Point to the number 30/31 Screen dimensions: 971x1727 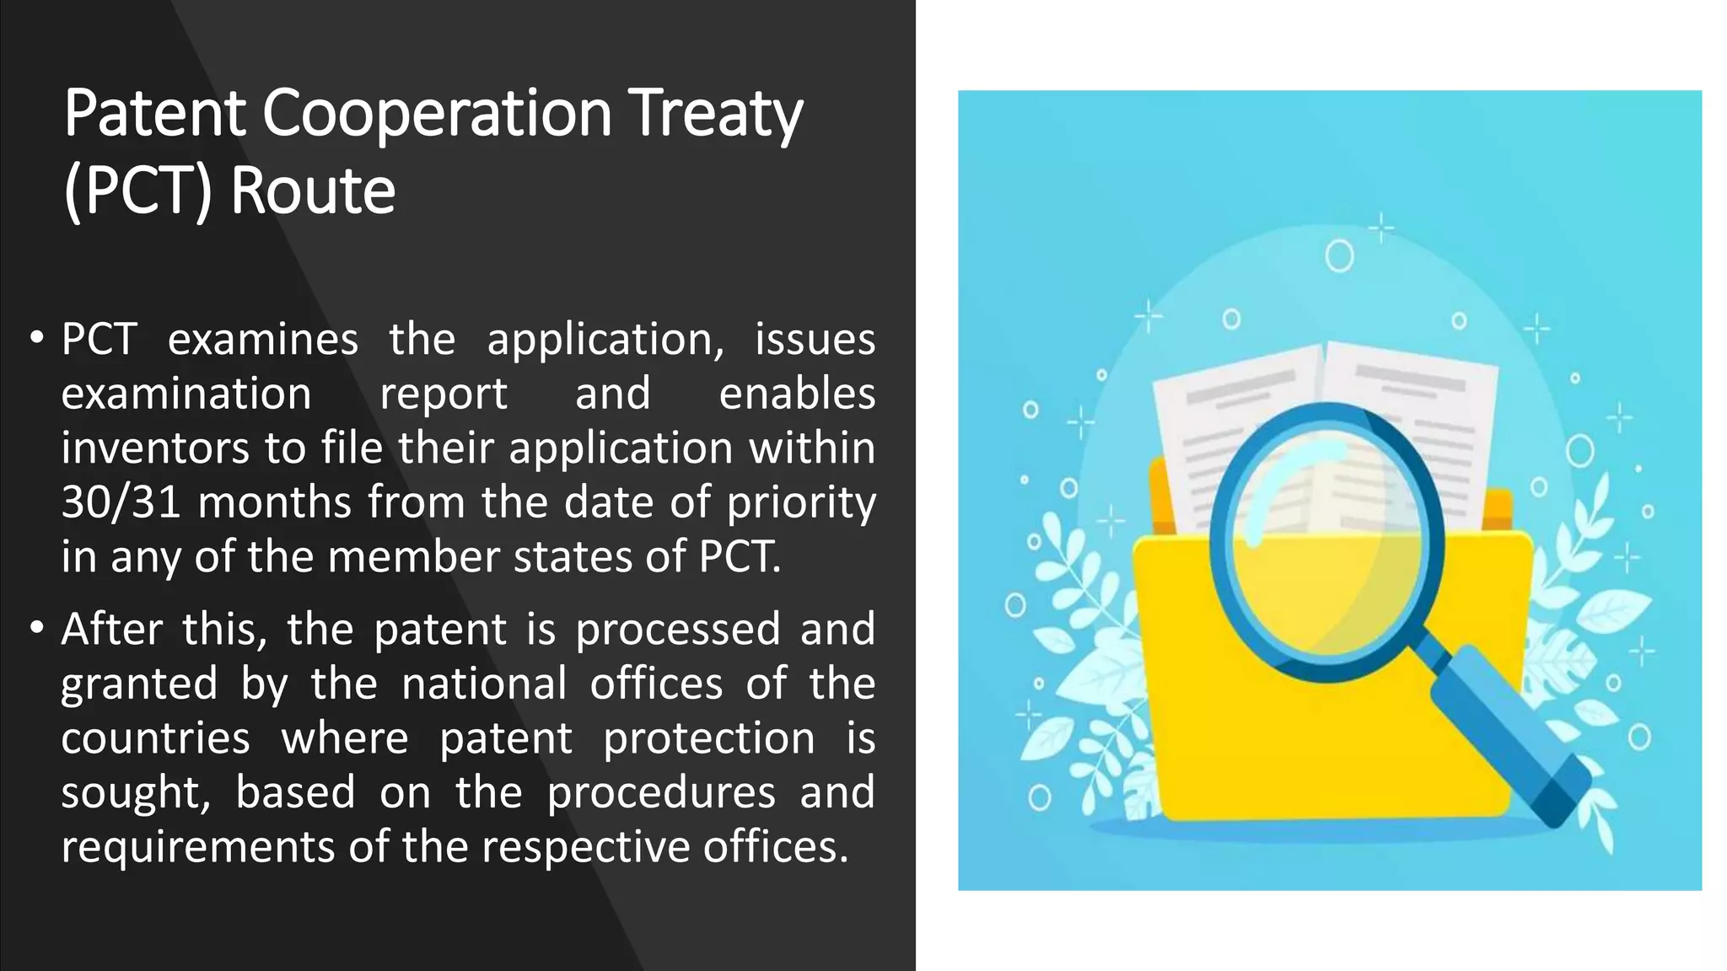point(121,502)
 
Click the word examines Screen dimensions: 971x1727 point(263,341)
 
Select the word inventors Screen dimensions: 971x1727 point(154,448)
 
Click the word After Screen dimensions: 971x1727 point(112,630)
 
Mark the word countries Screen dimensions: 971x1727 point(155,739)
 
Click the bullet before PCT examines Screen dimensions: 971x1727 point(36,339)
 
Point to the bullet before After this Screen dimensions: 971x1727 point(36,629)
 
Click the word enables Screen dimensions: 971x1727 point(797,394)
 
